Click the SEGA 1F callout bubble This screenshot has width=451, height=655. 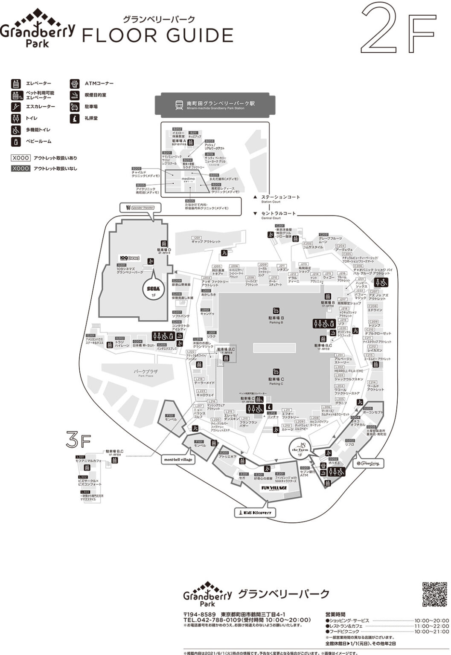[153, 290]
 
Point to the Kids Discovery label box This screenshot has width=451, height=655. [255, 512]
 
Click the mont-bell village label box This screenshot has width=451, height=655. [178, 460]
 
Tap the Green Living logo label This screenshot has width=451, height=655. [367, 463]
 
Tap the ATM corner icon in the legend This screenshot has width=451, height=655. [75, 84]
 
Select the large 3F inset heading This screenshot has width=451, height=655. [78, 440]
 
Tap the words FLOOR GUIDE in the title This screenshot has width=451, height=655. [157, 35]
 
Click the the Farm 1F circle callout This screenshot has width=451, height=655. [300, 452]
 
